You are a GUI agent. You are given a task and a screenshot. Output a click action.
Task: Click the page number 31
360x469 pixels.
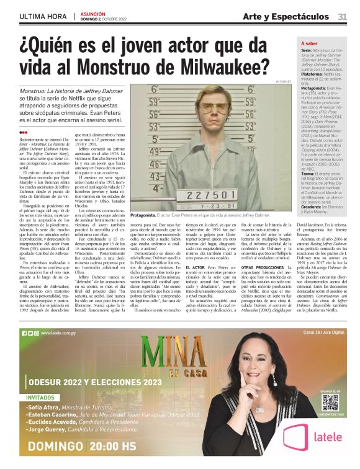(342, 16)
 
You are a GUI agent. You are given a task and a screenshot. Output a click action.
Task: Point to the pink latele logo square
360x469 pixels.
(295, 437)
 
